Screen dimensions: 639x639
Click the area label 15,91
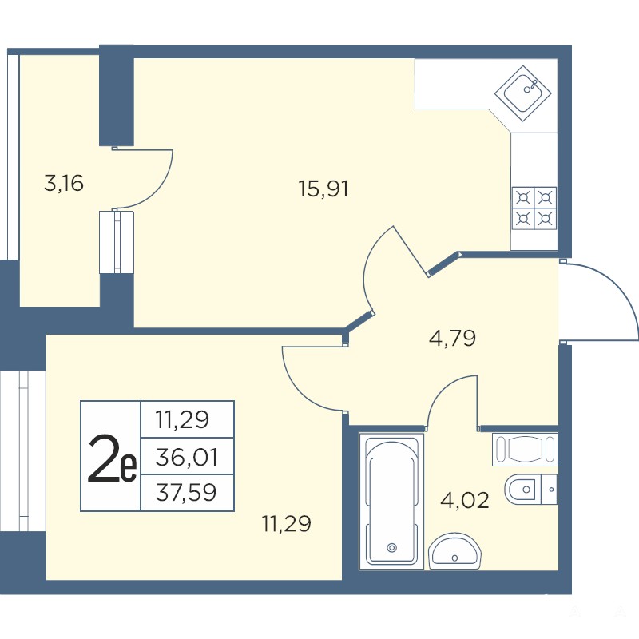323,189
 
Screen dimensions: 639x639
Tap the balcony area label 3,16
64,183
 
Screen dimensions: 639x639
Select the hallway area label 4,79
453,338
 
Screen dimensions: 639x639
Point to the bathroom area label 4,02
465,500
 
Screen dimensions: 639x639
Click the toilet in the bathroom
530,489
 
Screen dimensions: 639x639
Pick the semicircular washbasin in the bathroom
454,550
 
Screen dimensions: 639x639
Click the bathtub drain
392,548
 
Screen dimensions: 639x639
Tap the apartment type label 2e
112,458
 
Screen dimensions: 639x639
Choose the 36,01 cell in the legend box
187,456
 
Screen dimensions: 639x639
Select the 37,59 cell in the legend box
187,492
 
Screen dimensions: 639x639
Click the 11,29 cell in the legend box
187,420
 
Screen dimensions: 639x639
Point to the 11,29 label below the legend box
287,523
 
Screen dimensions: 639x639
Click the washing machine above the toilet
525,449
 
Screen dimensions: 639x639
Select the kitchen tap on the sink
532,85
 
